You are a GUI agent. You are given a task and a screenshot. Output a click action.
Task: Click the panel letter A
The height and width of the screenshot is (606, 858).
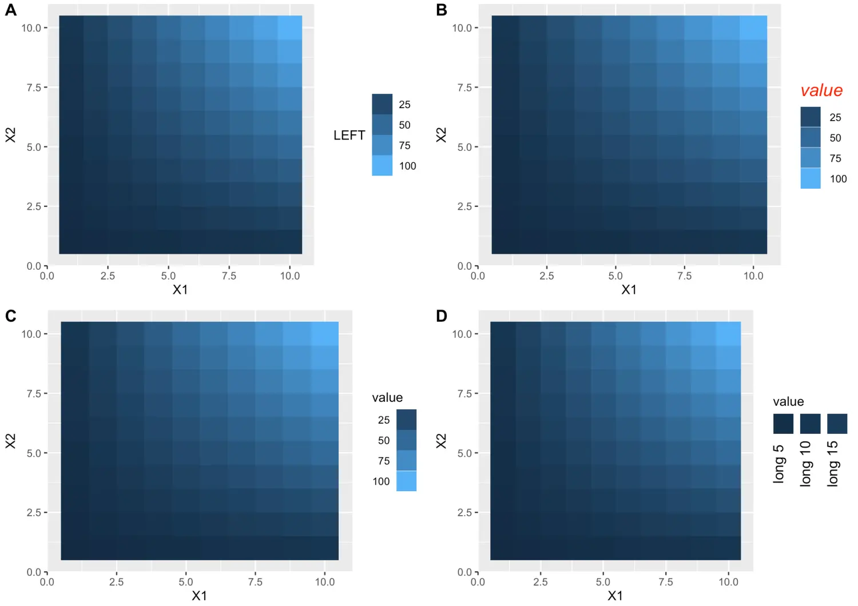(10, 10)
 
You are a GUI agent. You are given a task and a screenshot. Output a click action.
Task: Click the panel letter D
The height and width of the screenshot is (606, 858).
(441, 316)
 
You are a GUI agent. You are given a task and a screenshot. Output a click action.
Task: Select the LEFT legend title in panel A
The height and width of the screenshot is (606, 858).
(349, 135)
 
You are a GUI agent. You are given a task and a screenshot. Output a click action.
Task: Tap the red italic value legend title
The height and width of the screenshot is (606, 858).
(821, 90)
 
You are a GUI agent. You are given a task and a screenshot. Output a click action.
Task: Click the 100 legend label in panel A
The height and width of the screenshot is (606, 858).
(407, 166)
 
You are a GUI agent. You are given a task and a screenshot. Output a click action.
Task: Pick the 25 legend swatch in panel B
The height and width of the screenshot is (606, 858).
(811, 117)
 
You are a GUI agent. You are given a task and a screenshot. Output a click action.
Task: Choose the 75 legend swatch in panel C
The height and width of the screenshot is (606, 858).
(406, 461)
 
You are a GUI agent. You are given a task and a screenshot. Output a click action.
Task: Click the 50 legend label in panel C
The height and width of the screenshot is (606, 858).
(383, 440)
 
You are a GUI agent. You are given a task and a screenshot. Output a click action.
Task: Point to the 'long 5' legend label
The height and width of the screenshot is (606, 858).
(778, 464)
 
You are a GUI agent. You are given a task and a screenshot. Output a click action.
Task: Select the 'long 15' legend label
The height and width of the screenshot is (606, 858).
(833, 464)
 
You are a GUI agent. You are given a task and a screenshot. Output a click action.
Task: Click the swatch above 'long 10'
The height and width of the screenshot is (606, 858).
(810, 424)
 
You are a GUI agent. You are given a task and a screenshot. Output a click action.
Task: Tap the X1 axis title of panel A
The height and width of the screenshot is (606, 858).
(180, 290)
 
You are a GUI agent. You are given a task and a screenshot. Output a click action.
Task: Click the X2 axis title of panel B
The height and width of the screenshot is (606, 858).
(440, 135)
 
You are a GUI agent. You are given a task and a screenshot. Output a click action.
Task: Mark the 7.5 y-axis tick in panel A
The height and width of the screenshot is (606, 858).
(34, 87)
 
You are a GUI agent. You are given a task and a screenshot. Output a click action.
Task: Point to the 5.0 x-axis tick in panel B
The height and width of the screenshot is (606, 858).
(615, 276)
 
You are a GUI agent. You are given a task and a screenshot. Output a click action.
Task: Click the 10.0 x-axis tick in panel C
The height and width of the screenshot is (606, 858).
(325, 582)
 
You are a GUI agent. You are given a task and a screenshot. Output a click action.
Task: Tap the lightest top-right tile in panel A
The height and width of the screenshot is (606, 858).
(290, 27)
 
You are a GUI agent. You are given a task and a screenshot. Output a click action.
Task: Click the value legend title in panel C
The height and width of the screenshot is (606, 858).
(387, 397)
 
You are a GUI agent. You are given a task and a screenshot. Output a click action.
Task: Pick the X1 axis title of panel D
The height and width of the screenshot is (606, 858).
(615, 596)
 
